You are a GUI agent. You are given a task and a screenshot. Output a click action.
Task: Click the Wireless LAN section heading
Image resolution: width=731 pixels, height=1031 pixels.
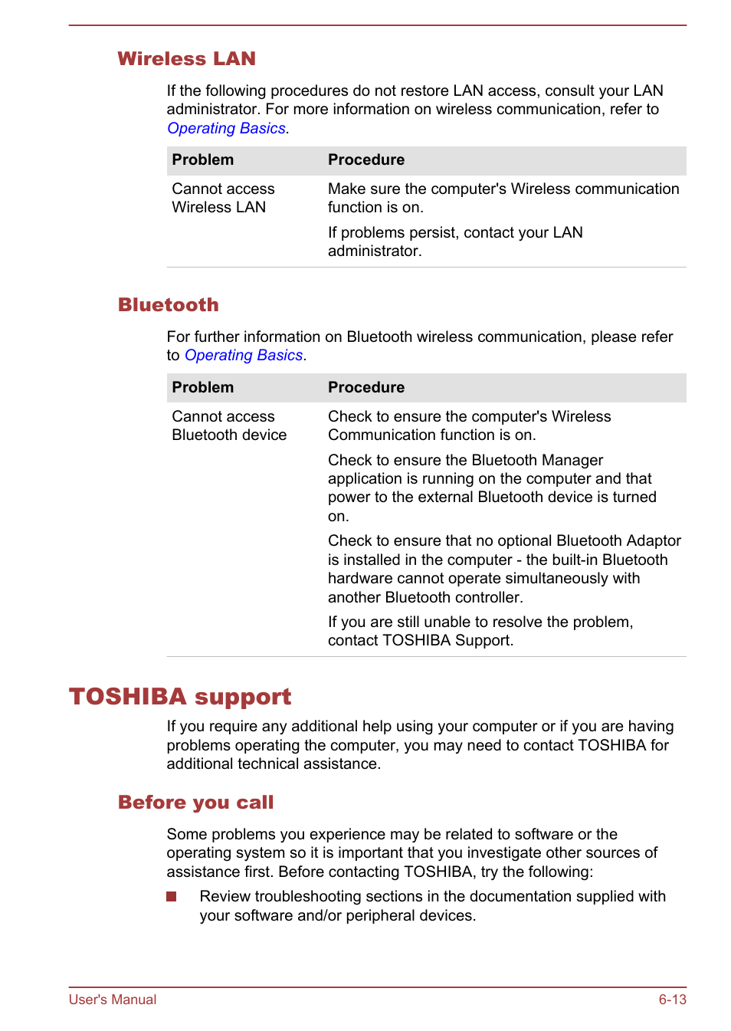186,59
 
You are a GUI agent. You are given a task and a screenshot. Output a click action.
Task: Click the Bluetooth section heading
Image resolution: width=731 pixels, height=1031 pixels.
168,305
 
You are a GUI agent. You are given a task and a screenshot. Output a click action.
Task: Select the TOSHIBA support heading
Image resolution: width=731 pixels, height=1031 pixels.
180,696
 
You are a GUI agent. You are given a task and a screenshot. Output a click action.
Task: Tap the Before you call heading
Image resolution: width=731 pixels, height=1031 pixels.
195,803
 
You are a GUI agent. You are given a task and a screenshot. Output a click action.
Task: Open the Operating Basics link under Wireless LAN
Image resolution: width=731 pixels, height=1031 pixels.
226,129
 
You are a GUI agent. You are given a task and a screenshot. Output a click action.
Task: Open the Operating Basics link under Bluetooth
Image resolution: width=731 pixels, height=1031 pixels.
244,356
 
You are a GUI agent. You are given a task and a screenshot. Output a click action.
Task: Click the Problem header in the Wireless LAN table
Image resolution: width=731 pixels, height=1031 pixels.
202,160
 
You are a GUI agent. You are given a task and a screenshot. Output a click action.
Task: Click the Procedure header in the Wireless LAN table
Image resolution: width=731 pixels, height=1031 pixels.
365,160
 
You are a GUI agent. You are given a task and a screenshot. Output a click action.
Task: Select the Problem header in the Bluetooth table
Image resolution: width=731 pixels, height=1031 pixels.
202,388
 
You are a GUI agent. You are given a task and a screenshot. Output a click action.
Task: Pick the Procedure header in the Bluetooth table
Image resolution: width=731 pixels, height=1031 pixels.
365,388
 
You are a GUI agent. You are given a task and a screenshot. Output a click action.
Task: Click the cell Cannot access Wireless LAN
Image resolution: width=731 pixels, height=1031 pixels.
223,198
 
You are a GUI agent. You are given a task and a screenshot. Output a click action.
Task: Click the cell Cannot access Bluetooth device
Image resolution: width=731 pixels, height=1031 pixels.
228,425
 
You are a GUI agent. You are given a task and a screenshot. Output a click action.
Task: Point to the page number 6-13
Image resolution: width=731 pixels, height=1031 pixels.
672,1000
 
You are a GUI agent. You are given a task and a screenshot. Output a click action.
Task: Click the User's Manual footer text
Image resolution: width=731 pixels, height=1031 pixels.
113,1000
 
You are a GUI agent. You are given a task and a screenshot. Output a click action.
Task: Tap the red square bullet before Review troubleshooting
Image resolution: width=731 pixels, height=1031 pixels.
172,897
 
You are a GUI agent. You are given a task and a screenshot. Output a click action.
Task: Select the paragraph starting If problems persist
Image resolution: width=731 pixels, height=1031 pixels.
455,241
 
